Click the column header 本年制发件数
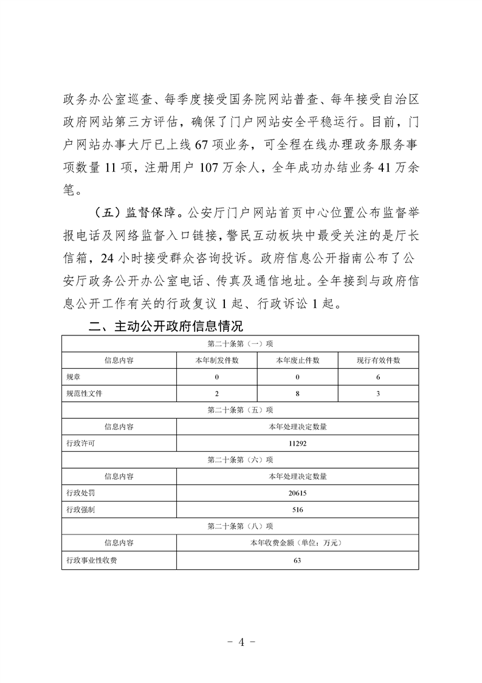click(x=217, y=360)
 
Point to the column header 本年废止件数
click(x=298, y=360)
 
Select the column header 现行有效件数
click(x=378, y=360)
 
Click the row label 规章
click(x=74, y=377)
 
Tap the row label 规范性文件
click(x=84, y=394)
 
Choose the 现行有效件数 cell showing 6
click(x=378, y=377)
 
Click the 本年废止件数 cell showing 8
click(x=298, y=394)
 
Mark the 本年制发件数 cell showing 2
click(x=217, y=394)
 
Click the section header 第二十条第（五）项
click(x=240, y=410)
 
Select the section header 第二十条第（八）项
click(x=240, y=526)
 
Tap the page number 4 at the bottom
click(x=241, y=642)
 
